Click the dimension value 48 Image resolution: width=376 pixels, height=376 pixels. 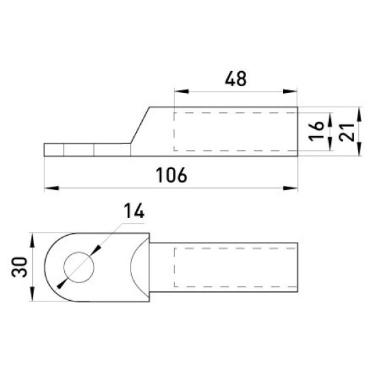[236, 79]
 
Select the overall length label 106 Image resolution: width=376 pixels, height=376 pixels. [172, 175]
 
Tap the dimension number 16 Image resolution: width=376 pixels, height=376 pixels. [317, 131]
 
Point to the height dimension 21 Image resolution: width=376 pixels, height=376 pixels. [347, 133]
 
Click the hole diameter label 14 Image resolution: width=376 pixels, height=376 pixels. [134, 211]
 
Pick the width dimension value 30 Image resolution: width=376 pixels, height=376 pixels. [20, 267]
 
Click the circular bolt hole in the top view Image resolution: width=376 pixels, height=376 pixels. [79, 267]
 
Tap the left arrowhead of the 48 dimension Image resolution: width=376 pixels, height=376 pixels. [182, 92]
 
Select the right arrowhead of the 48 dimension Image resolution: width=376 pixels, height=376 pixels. [290, 92]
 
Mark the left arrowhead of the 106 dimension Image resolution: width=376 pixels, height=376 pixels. [51, 188]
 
